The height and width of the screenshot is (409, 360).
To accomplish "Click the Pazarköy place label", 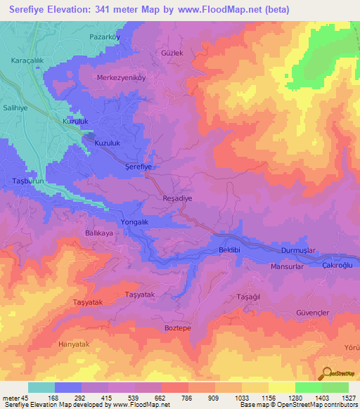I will [105, 37].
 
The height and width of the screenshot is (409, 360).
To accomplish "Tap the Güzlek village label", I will [172, 53].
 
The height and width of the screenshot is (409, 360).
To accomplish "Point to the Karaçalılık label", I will [27, 61].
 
